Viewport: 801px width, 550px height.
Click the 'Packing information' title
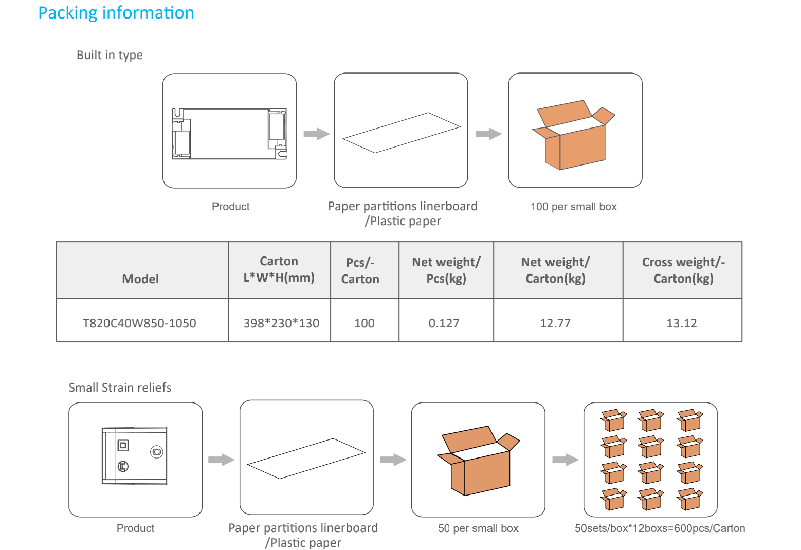point(116,13)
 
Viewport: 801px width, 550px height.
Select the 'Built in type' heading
point(110,55)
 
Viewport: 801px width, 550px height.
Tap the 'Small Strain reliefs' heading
point(120,388)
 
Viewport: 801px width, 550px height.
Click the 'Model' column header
point(140,279)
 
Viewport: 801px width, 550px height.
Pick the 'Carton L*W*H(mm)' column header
point(279,269)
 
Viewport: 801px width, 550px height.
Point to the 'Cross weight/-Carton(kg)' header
point(683,270)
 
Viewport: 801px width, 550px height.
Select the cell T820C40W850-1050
point(139,323)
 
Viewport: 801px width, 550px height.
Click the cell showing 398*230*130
point(281,323)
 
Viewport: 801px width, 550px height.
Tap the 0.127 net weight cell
point(444,323)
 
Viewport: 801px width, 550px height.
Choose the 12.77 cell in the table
point(555,323)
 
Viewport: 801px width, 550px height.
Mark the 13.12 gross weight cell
point(682,323)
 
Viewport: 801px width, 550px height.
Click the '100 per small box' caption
point(573,207)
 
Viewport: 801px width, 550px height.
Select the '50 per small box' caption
point(478,528)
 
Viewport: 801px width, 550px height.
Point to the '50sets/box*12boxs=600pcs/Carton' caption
point(660,528)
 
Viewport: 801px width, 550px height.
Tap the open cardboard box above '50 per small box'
point(478,461)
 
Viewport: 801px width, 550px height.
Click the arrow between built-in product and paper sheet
point(316,134)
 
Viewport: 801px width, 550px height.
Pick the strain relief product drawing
point(135,455)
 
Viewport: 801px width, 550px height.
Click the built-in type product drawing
point(229,134)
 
